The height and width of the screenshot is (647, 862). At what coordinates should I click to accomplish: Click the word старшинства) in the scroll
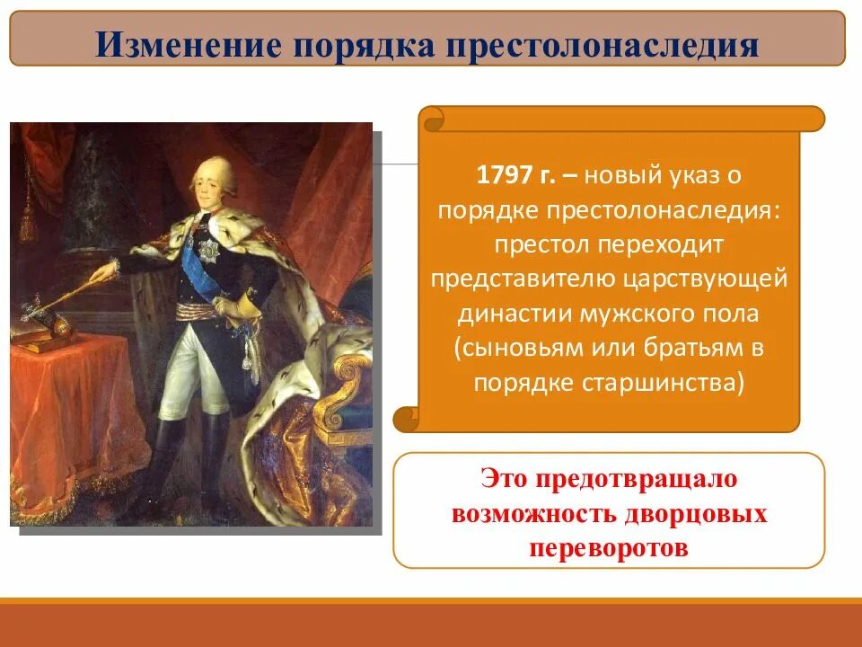click(x=665, y=382)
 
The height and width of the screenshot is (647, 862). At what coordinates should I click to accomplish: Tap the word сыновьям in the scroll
click(x=524, y=348)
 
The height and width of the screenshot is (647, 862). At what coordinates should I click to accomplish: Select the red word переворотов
click(x=609, y=547)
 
